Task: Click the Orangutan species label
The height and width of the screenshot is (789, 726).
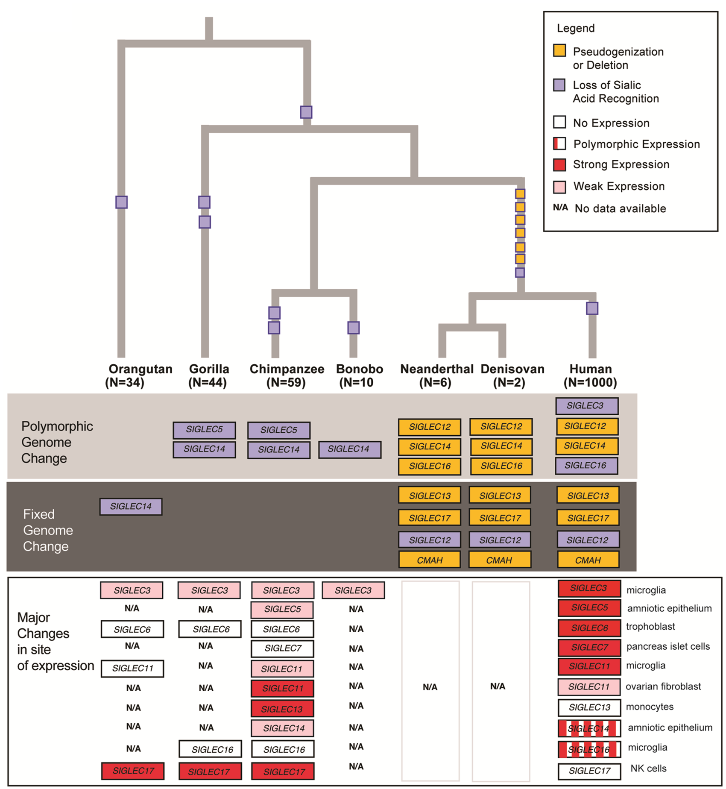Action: (x=140, y=369)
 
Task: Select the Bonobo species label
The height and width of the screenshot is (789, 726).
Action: (x=359, y=369)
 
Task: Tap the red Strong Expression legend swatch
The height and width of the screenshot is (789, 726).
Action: (x=559, y=164)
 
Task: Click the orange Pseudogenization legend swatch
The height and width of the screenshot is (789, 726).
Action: (x=559, y=50)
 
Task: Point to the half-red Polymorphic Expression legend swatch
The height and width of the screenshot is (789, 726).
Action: (x=559, y=144)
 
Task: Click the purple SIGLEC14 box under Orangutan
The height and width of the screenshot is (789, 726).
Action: (x=131, y=507)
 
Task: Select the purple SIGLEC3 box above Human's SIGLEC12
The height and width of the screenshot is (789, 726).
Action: (x=586, y=406)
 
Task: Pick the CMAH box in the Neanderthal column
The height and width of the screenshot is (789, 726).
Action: (x=430, y=560)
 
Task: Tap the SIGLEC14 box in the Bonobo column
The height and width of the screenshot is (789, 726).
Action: (x=349, y=449)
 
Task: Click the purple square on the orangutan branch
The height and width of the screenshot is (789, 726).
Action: (x=121, y=202)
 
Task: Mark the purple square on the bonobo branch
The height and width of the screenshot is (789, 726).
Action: (x=353, y=328)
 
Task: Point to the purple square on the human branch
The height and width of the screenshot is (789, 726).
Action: (x=592, y=308)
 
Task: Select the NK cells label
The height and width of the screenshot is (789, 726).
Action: (x=648, y=768)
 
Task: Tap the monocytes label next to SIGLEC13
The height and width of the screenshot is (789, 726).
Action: (x=650, y=707)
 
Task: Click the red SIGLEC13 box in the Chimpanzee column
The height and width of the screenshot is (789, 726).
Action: (x=282, y=709)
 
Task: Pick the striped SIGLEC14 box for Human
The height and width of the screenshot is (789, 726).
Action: (x=589, y=728)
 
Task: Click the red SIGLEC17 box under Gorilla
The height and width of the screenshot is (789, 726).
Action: (x=210, y=771)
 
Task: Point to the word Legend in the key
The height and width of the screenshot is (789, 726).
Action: (x=575, y=28)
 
